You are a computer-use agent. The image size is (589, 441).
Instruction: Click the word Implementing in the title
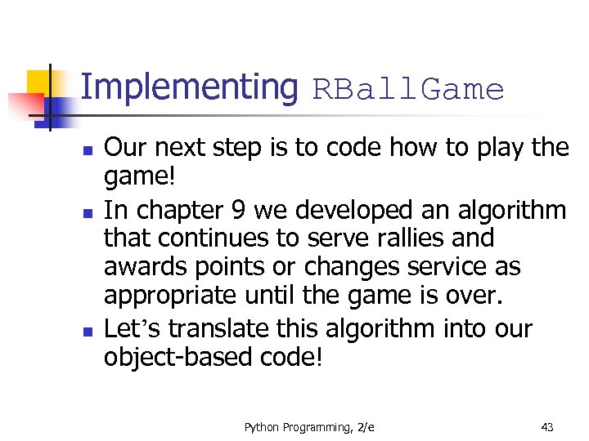(x=189, y=87)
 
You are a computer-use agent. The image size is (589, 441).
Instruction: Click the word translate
(x=216, y=328)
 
